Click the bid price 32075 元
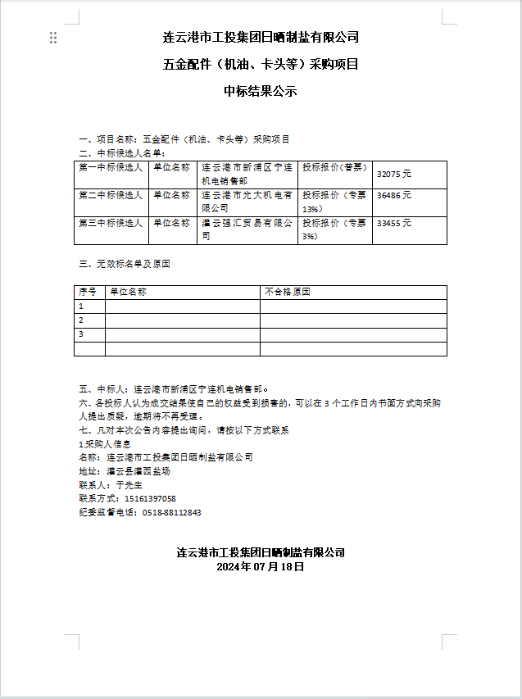point(394,175)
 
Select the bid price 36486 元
point(394,196)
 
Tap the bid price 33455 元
point(394,223)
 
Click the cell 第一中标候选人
point(111,167)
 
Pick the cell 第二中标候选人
point(111,196)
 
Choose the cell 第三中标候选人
point(111,223)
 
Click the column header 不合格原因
point(288,292)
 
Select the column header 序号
point(88,292)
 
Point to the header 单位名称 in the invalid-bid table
point(128,292)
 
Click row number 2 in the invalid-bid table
point(81,320)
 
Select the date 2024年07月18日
point(261,566)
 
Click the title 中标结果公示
point(261,92)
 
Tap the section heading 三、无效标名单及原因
point(124,264)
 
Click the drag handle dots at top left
point(53,38)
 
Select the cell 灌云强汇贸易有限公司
point(247,229)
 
